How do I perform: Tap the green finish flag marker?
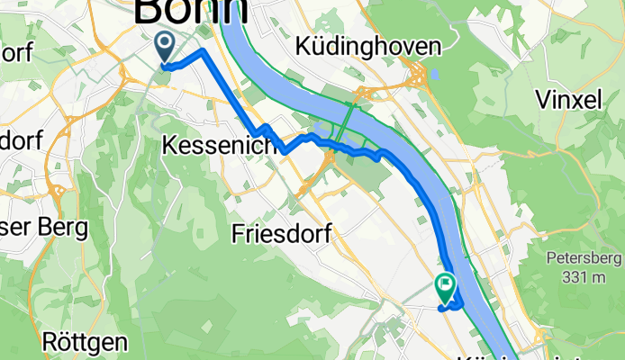446,287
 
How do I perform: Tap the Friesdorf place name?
281,234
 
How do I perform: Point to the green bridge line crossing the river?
347,121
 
